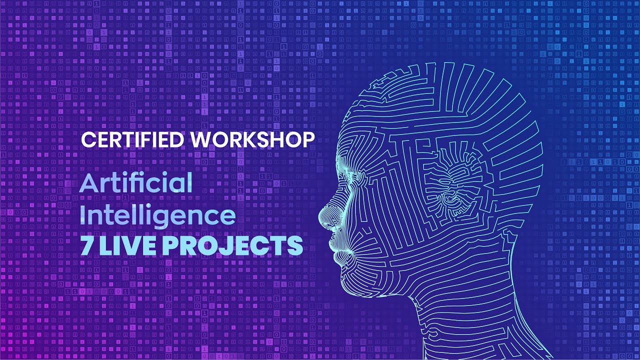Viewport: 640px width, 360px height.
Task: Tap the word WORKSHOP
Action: (x=252, y=140)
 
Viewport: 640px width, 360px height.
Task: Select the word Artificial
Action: (x=136, y=183)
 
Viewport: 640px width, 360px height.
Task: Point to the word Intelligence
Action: (x=158, y=215)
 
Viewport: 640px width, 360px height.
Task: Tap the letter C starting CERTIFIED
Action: (x=87, y=140)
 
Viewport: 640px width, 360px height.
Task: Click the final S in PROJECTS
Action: (x=295, y=245)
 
